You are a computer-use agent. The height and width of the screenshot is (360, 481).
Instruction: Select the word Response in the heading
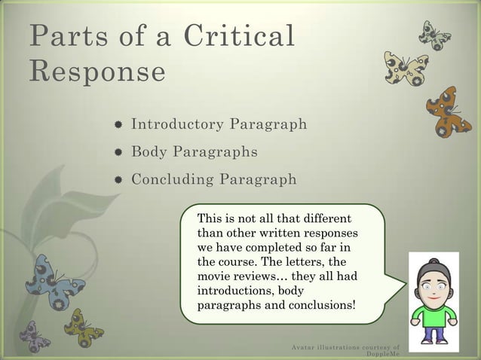click(x=97, y=73)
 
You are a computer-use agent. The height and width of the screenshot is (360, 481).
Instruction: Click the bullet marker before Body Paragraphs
click(x=118, y=153)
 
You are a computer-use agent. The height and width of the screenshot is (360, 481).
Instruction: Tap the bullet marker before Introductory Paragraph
click(x=118, y=125)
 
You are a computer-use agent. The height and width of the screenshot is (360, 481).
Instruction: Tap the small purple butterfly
click(x=35, y=336)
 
